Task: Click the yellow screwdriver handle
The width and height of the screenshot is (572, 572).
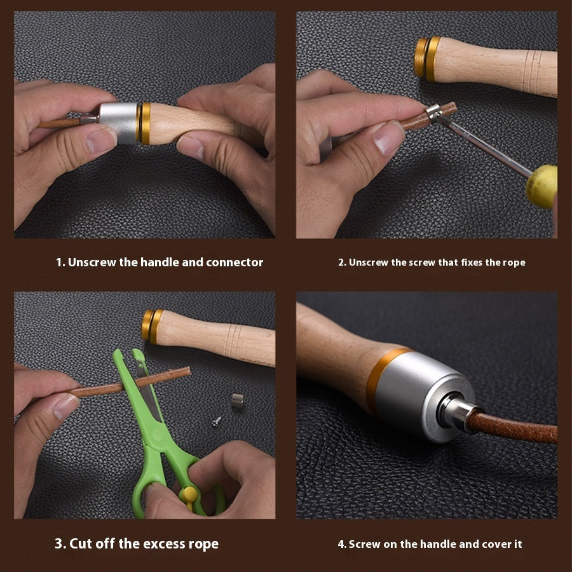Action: point(541,186)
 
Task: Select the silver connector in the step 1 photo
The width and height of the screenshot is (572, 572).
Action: point(119,123)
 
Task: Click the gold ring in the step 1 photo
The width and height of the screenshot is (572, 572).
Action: point(145,123)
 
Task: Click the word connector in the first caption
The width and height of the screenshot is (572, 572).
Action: point(235,262)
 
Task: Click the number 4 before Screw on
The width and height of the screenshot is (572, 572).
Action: point(341,544)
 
